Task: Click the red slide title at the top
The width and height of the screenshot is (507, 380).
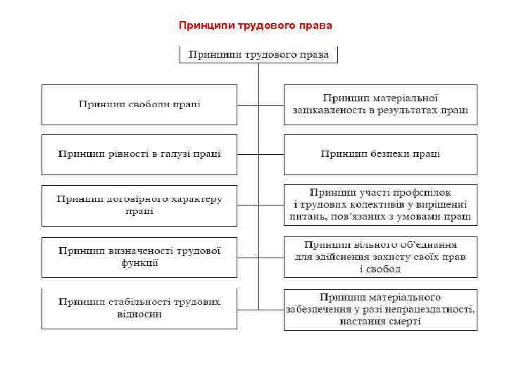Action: [255, 25]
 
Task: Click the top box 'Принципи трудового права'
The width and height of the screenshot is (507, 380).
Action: [259, 55]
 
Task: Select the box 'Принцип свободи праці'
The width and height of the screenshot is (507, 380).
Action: [139, 105]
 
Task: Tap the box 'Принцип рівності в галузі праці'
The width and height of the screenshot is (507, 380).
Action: [139, 154]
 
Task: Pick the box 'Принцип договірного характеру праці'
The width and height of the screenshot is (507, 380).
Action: [139, 205]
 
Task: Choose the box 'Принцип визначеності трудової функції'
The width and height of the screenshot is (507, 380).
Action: [139, 257]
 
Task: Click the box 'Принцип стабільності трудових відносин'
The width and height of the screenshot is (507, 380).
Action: [139, 308]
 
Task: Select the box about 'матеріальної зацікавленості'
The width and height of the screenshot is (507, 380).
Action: [380, 105]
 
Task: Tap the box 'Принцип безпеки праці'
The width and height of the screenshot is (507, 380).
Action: [380, 154]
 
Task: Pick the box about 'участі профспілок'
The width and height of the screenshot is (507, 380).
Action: [380, 205]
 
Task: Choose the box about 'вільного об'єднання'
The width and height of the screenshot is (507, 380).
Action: [380, 257]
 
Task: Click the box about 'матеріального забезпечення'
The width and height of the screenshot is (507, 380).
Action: [380, 309]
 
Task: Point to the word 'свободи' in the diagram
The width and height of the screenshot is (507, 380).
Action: [146, 105]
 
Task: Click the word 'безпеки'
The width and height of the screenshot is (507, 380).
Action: [396, 154]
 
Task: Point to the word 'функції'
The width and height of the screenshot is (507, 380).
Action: [139, 263]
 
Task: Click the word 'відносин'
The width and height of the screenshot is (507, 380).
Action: [139, 315]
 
